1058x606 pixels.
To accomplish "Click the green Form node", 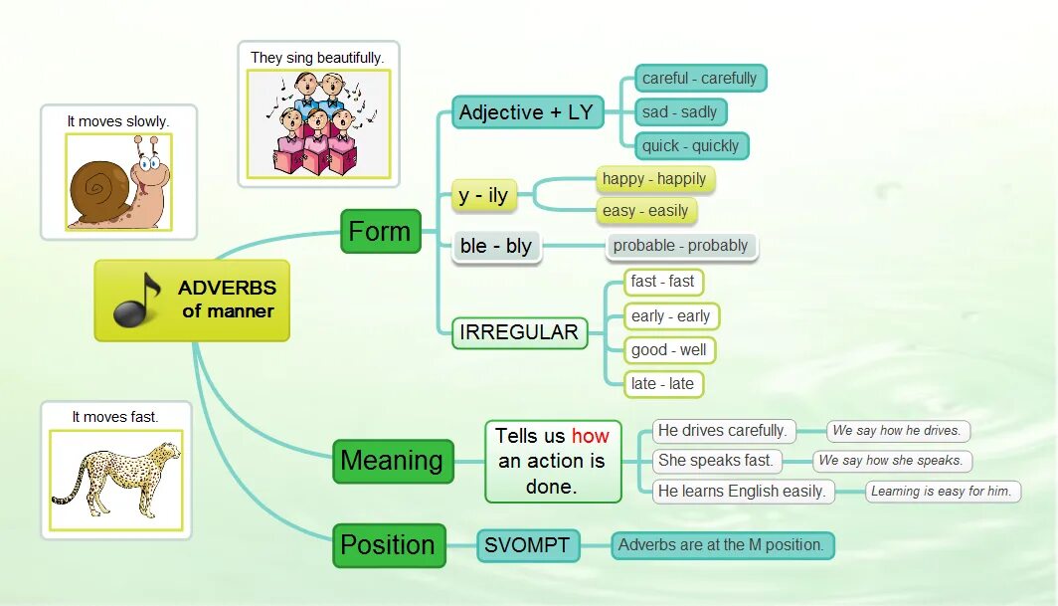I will click(380, 232).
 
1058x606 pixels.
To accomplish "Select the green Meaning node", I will click(392, 461).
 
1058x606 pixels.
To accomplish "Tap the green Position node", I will click(388, 545).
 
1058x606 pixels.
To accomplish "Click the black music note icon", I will click(137, 300).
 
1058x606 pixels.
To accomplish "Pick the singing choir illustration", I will click(318, 122).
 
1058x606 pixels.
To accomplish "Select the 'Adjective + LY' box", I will click(527, 112).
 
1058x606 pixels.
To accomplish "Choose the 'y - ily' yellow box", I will click(483, 196).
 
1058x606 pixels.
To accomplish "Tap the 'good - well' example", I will click(669, 350).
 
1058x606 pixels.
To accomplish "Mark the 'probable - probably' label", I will click(681, 246).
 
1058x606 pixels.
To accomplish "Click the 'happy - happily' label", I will click(654, 179).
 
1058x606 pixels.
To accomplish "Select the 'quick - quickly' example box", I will click(690, 146).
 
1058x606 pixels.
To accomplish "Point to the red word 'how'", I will click(591, 436).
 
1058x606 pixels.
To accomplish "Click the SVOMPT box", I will click(527, 545).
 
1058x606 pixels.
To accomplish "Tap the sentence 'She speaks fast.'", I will click(716, 461).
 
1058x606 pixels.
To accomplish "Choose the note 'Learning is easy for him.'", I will click(941, 491).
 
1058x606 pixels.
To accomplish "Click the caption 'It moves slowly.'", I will click(118, 121).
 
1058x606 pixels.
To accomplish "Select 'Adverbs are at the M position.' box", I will click(721, 545).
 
